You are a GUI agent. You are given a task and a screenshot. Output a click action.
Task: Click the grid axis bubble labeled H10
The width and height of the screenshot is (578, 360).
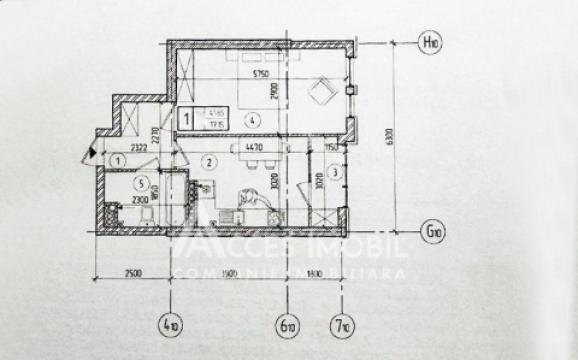tap(430, 43)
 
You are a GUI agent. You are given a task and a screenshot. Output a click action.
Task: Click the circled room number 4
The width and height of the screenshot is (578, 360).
tap(258, 119)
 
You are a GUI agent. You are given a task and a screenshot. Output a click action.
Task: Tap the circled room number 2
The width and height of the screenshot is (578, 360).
tap(209, 162)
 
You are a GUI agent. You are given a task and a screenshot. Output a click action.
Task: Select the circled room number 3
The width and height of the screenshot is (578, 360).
tap(337, 172)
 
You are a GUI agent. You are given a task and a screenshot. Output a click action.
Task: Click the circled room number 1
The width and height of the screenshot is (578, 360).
tap(118, 160)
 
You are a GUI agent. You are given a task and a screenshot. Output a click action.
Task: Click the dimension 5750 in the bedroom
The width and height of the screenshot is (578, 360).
tap(263, 75)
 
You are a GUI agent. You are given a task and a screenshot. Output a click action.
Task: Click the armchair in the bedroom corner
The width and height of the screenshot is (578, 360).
tap(322, 92)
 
